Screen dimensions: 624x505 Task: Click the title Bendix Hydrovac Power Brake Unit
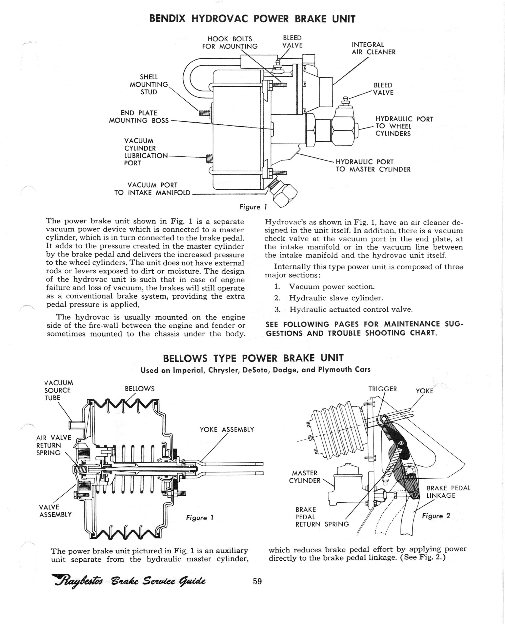tap(252, 19)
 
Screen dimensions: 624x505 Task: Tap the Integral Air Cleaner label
tap(374, 48)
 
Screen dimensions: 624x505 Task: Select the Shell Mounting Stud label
tap(149, 84)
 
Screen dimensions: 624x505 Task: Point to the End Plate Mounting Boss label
tap(139, 117)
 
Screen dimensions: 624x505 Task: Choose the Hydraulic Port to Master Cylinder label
tap(373, 166)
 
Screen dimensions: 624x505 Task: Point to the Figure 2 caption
tap(436, 524)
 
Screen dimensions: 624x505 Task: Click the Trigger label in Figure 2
tap(383, 389)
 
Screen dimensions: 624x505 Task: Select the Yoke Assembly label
tap(227, 429)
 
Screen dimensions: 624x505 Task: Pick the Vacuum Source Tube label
tap(58, 390)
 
